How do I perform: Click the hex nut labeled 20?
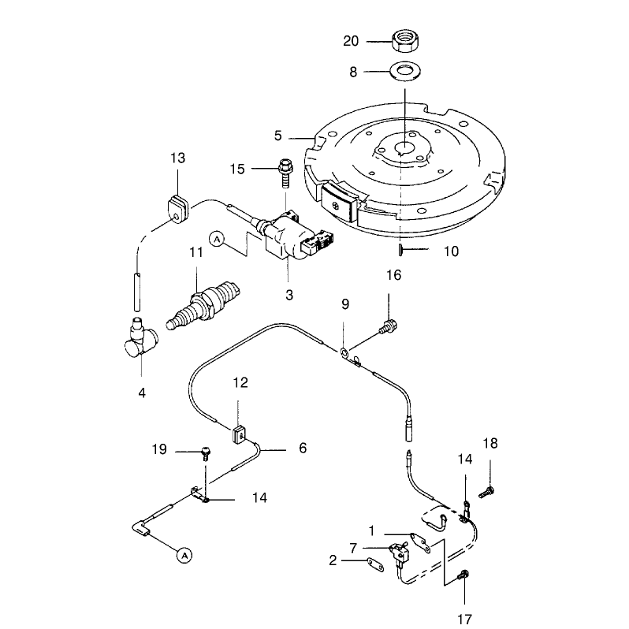(x=406, y=40)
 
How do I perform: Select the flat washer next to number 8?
(x=406, y=72)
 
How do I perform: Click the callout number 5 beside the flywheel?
(x=278, y=136)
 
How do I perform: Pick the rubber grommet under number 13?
(x=178, y=209)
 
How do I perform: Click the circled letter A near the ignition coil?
(x=217, y=240)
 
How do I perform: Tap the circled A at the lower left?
(x=184, y=556)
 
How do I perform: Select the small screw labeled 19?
(x=206, y=454)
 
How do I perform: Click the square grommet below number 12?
(x=240, y=434)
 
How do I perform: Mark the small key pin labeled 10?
(x=400, y=250)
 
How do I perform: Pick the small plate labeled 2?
(x=375, y=564)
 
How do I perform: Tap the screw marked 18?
(x=486, y=492)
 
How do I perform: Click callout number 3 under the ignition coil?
(x=289, y=295)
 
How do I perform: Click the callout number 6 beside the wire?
(x=303, y=448)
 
